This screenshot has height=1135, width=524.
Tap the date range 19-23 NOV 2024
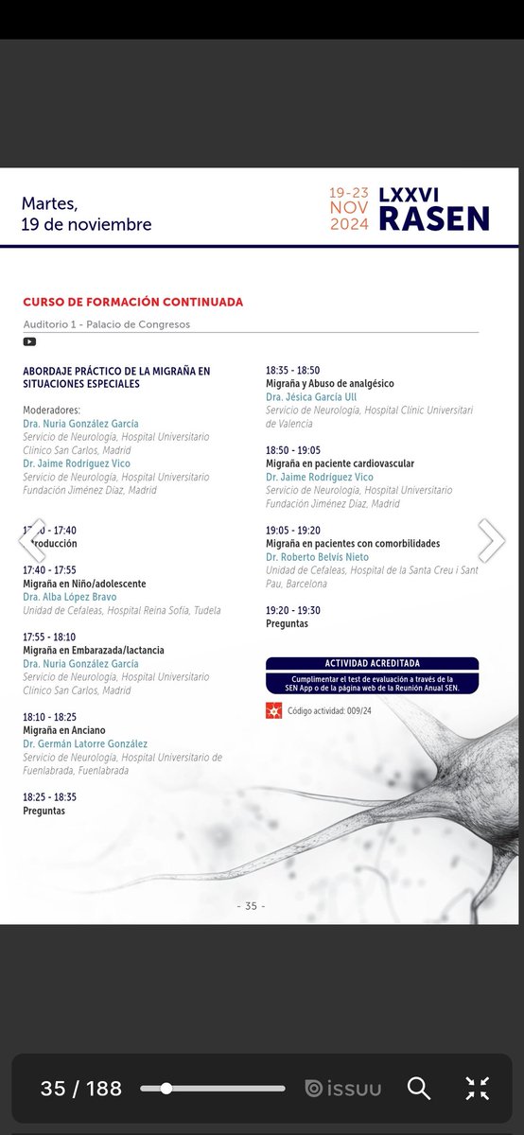pyautogui.click(x=348, y=208)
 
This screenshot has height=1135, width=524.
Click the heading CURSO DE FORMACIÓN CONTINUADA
pyautogui.click(x=132, y=302)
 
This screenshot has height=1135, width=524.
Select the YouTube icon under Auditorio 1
pyautogui.click(x=29, y=341)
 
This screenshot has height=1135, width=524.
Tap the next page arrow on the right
pyautogui.click(x=491, y=540)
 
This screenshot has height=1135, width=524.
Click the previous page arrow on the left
pyautogui.click(x=32, y=540)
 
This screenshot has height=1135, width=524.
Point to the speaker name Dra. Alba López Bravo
pyautogui.click(x=70, y=597)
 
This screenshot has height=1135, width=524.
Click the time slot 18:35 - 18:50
pyautogui.click(x=293, y=371)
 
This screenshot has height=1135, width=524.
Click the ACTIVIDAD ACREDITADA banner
pyautogui.click(x=372, y=664)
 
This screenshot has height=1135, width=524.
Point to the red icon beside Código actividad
pyautogui.click(x=274, y=710)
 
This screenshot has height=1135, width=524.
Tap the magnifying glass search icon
pyautogui.click(x=419, y=1089)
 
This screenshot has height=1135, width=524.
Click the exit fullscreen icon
pyautogui.click(x=478, y=1089)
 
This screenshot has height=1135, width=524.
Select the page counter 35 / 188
pyautogui.click(x=81, y=1089)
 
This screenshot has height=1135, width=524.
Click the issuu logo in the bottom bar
pyautogui.click(x=342, y=1089)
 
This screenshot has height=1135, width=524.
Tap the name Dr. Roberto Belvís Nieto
pyautogui.click(x=317, y=557)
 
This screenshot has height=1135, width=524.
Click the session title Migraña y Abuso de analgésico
pyautogui.click(x=330, y=384)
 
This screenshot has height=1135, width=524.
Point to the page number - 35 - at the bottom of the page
pyautogui.click(x=251, y=905)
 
